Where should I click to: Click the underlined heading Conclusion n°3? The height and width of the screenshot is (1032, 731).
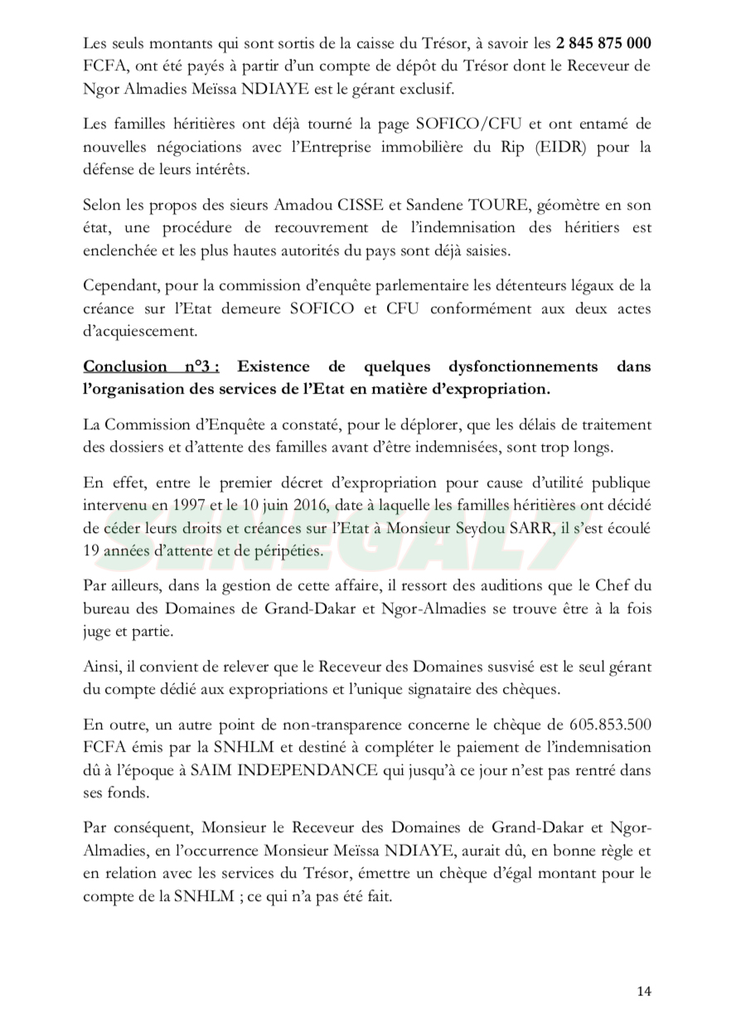pyautogui.click(x=151, y=366)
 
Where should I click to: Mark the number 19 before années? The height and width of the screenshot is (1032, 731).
pyautogui.click(x=93, y=549)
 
